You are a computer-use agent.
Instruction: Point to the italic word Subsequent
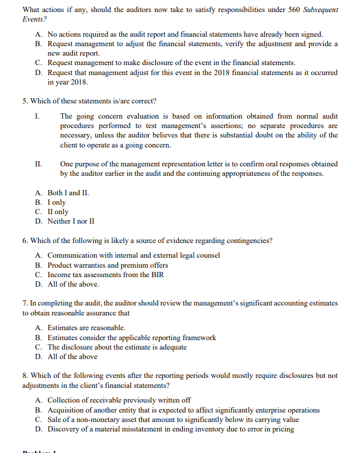click(x=321, y=10)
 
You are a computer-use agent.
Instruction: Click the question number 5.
click(x=25, y=101)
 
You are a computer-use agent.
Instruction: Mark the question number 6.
click(x=25, y=240)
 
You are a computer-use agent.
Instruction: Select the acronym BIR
click(x=157, y=275)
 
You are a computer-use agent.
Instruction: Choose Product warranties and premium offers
click(x=108, y=265)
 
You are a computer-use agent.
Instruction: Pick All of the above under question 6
click(x=73, y=284)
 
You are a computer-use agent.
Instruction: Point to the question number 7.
click(x=25, y=303)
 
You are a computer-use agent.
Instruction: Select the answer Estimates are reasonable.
click(x=86, y=328)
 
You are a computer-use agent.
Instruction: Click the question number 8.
click(x=25, y=376)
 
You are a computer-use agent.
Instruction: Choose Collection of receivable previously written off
click(x=119, y=401)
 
